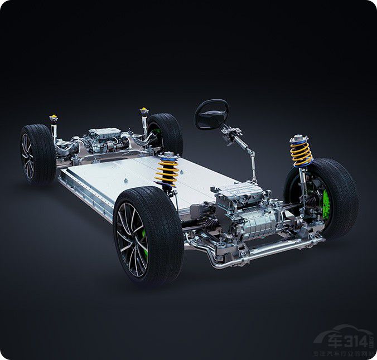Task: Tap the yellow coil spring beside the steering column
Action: tap(301, 151)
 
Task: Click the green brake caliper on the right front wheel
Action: tap(326, 204)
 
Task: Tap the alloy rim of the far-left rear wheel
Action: tap(27, 155)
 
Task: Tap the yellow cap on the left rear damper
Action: tap(54, 118)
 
